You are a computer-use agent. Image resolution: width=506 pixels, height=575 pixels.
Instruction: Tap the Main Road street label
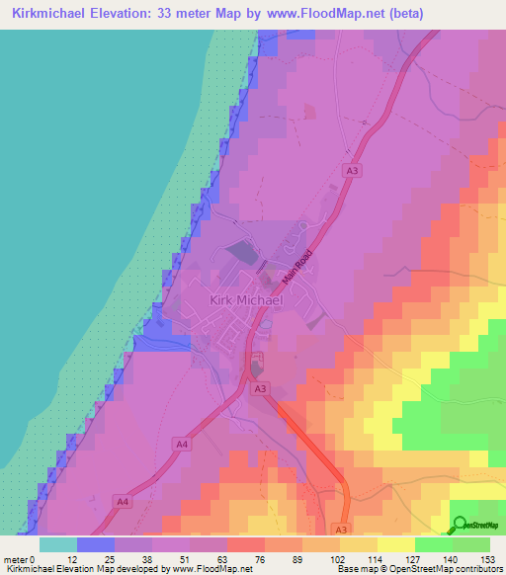(x=297, y=262)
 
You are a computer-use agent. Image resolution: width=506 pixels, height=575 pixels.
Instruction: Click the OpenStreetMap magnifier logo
(x=460, y=524)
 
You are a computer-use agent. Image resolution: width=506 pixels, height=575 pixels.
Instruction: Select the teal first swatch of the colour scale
(x=57, y=543)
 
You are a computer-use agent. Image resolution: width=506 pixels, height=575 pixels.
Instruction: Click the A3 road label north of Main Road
(x=353, y=171)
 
